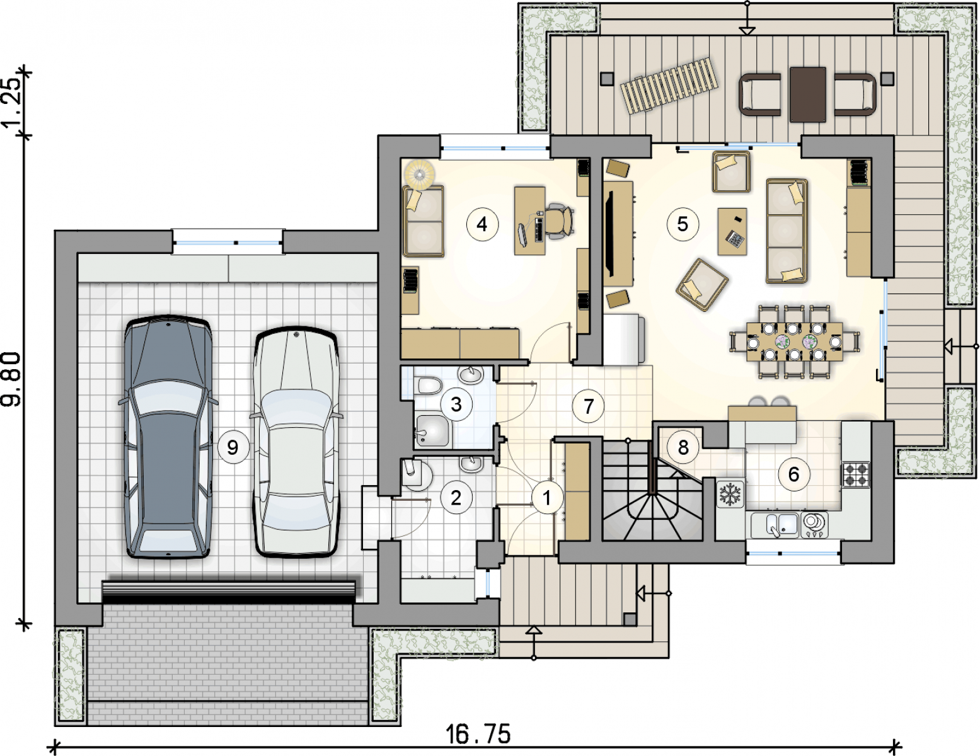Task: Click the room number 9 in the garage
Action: point(233,447)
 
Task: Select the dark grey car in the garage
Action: point(168,437)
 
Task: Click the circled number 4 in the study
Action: point(482,224)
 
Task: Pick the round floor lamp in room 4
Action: point(420,173)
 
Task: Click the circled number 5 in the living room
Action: point(683,224)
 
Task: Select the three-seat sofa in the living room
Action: point(787,231)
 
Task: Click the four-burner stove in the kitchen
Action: point(855,474)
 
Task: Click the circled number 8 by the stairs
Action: point(683,447)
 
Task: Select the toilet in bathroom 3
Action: point(430,386)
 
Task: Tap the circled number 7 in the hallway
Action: point(588,406)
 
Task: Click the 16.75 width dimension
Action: point(478,735)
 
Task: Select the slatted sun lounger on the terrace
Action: point(669,85)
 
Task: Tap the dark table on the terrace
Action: point(807,94)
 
